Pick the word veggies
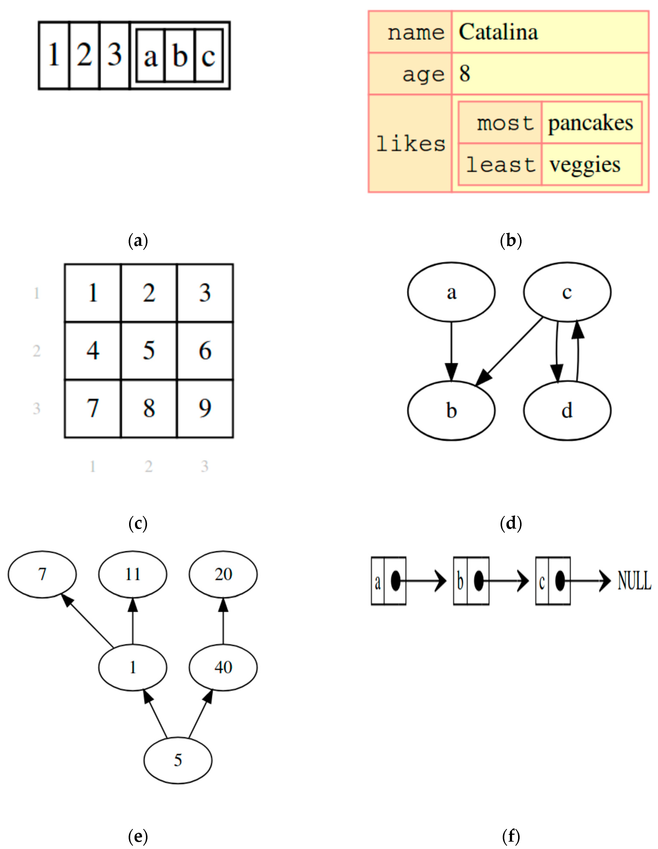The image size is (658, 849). pyautogui.click(x=584, y=165)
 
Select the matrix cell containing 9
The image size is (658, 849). pyautogui.click(x=205, y=408)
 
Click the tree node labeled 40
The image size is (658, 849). pyautogui.click(x=223, y=667)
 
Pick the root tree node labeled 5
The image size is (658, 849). pyautogui.click(x=178, y=760)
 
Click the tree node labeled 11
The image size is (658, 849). pyautogui.click(x=133, y=574)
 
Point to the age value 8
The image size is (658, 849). pyautogui.click(x=465, y=73)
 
